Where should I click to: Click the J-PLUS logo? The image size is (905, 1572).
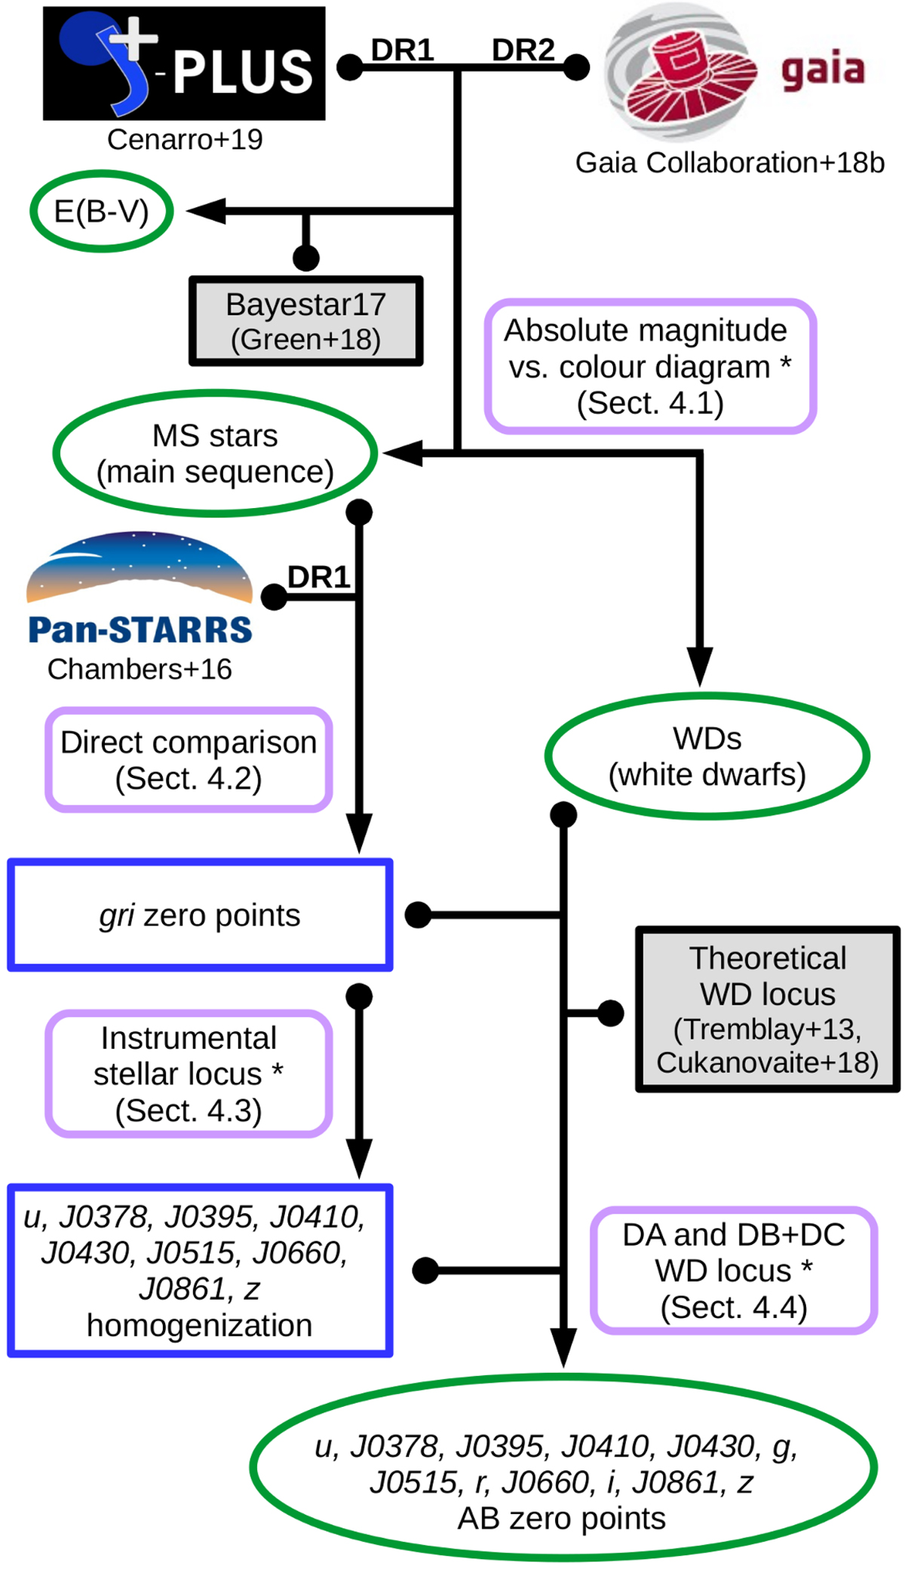[x=184, y=63]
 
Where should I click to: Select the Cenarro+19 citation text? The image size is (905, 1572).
[x=185, y=139]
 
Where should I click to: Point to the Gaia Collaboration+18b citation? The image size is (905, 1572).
[x=729, y=163]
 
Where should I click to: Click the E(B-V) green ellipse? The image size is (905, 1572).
[x=102, y=211]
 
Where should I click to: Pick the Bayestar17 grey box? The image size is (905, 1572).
[x=305, y=321]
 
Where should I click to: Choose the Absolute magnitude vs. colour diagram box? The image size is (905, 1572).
[x=649, y=366]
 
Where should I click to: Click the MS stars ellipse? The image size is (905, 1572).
[x=215, y=453]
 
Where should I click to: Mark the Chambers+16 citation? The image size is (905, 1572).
[x=140, y=670]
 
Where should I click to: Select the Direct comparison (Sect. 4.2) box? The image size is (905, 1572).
[x=189, y=760]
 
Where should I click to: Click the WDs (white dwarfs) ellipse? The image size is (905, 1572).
[x=707, y=756]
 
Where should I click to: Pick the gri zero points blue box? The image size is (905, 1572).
[x=200, y=915]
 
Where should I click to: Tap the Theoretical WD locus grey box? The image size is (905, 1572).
[x=768, y=1009]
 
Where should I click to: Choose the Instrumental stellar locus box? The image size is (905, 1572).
[x=189, y=1074]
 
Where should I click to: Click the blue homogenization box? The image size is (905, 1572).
[x=200, y=1270]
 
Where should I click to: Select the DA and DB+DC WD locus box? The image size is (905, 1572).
[x=733, y=1270]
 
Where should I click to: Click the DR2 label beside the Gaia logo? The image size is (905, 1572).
[x=523, y=51]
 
